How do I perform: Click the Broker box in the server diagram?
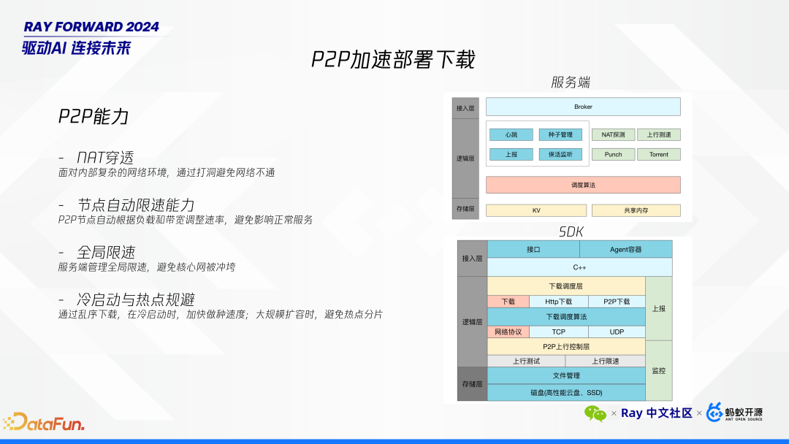click(583, 107)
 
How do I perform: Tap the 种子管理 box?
click(560, 134)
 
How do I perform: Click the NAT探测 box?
click(613, 134)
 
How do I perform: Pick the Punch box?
click(613, 154)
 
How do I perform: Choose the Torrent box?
click(658, 154)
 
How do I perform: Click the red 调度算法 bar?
click(583, 185)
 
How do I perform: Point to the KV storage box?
click(535, 210)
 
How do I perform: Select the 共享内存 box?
click(636, 210)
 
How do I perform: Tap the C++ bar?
click(579, 267)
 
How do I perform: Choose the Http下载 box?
click(559, 301)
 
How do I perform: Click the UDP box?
click(617, 332)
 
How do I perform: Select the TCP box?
click(558, 332)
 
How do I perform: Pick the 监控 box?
click(658, 370)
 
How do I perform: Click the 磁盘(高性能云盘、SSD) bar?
click(566, 392)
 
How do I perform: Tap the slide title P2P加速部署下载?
click(393, 59)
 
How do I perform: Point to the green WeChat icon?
click(595, 413)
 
